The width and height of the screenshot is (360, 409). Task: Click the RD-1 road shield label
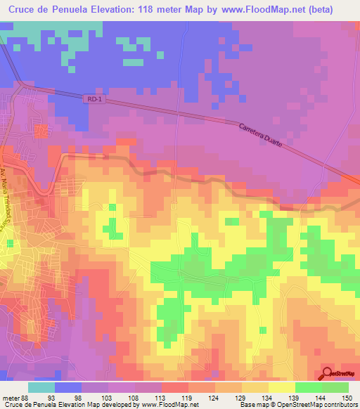(94, 100)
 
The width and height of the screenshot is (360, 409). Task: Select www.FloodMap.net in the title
(272, 9)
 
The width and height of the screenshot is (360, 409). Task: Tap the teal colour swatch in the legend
(41, 387)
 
